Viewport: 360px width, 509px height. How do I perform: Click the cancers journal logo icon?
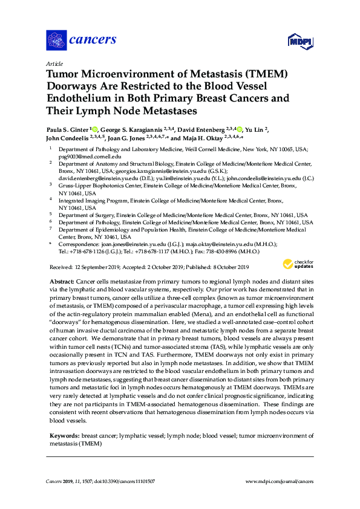(x=56, y=40)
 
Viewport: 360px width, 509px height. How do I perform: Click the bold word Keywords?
(x=62, y=435)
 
